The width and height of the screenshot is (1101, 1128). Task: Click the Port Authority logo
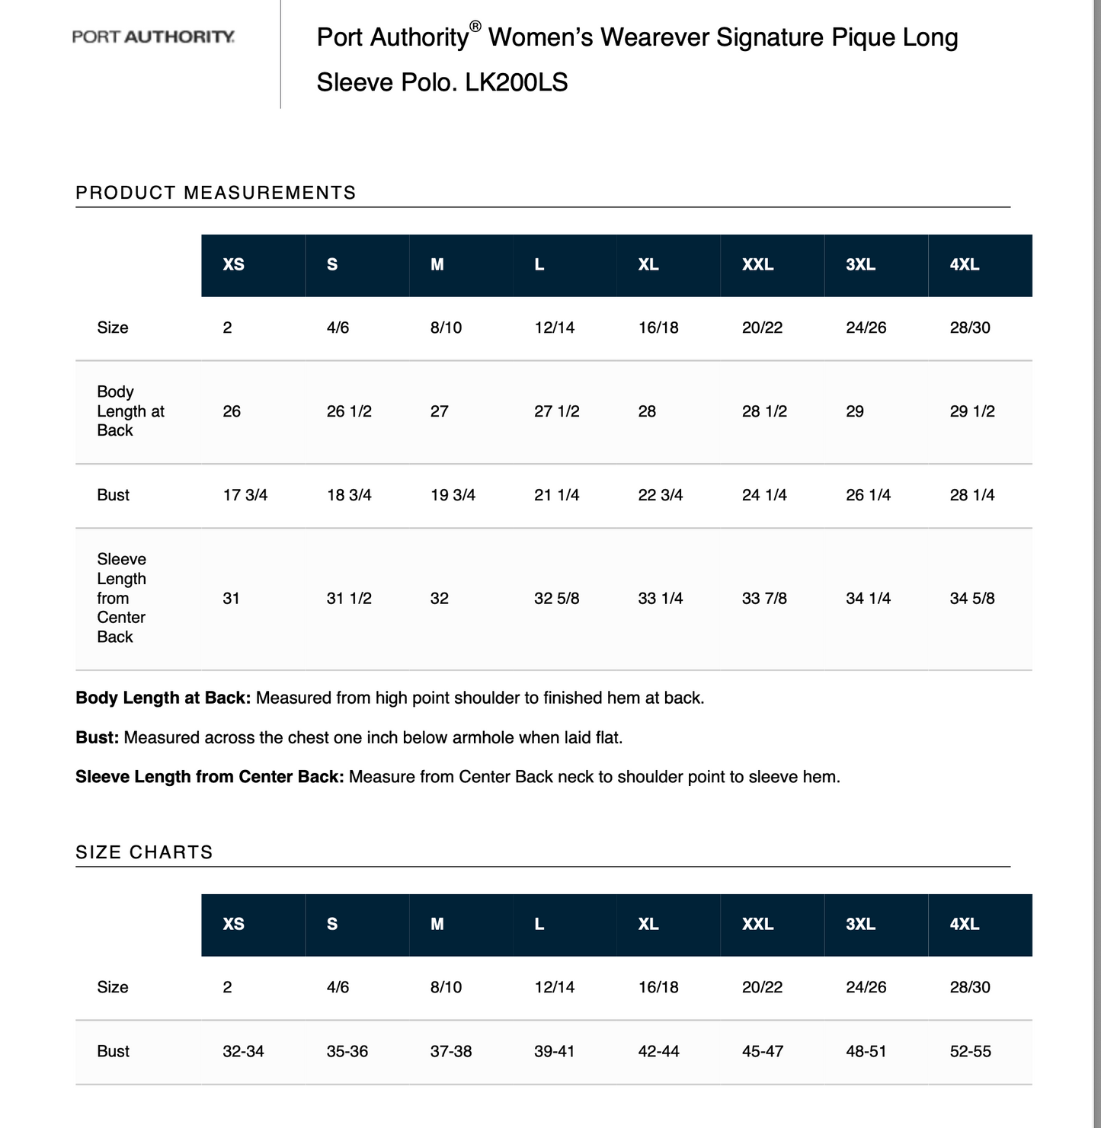tap(153, 37)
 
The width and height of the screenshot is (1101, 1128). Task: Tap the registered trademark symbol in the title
tap(475, 27)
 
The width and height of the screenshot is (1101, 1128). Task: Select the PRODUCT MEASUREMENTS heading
tap(216, 193)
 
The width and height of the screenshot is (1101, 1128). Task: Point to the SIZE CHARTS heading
tap(144, 852)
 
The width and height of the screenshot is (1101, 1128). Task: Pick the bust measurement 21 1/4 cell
tap(556, 495)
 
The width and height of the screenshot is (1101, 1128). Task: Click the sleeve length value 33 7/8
tap(764, 599)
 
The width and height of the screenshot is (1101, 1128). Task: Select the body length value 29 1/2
tap(972, 411)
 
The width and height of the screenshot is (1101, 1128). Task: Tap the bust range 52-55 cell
tap(970, 1051)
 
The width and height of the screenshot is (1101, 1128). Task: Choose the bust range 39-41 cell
tap(555, 1051)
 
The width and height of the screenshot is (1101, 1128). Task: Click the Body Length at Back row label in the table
tap(130, 411)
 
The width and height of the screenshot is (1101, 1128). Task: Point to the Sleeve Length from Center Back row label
tap(121, 598)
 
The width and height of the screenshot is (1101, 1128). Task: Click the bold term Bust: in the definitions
tap(98, 737)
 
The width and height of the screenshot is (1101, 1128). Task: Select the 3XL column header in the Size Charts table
tap(860, 924)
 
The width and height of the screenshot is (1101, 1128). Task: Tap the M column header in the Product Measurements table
tap(437, 264)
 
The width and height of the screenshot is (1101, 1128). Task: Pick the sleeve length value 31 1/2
tap(349, 599)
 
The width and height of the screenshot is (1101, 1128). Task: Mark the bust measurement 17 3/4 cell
tap(245, 495)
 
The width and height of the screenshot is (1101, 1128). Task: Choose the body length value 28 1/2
tap(764, 411)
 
